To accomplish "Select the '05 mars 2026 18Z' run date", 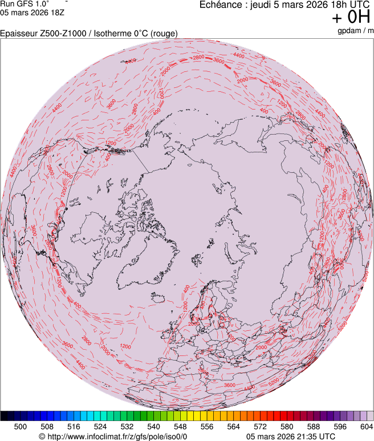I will [x=32, y=12].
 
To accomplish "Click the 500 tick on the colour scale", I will [x=21, y=426].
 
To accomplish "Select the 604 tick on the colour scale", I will [x=366, y=426].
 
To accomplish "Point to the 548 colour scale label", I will [x=180, y=426].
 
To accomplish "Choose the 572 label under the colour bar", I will [x=260, y=426].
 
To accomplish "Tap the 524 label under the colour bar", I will [x=100, y=426].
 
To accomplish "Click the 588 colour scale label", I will [x=313, y=426].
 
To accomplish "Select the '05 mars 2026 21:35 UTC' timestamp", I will [x=291, y=436].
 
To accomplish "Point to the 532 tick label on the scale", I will [x=127, y=426].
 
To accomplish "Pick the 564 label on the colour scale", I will [x=233, y=426].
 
